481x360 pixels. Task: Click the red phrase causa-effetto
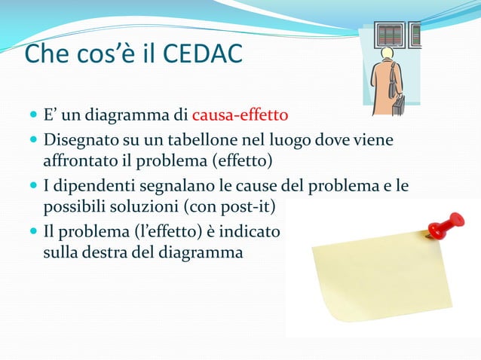click(x=240, y=116)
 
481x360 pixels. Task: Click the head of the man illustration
click(x=387, y=53)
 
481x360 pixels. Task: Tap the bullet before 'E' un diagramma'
click(x=32, y=117)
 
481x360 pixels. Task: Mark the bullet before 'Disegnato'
click(x=32, y=141)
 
